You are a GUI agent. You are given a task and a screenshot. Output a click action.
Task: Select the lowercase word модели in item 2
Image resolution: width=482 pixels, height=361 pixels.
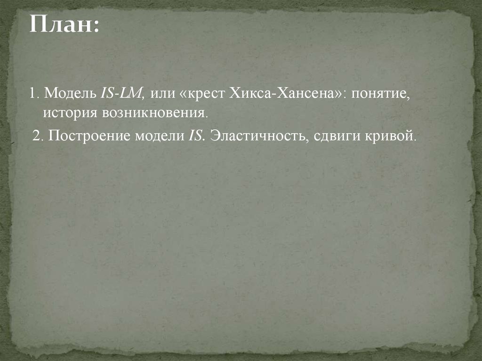click(x=159, y=136)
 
